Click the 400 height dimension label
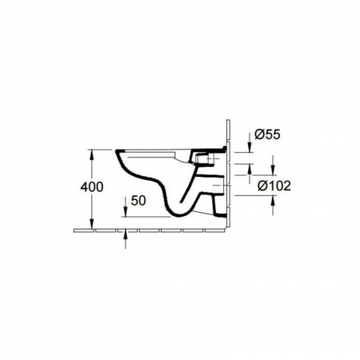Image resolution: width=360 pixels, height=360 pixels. [92, 186]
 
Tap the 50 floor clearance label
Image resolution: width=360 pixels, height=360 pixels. [138, 201]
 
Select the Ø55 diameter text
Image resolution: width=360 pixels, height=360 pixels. [267, 134]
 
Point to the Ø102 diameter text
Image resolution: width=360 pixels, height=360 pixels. [274, 186]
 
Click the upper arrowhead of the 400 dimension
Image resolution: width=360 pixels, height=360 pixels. [92, 154]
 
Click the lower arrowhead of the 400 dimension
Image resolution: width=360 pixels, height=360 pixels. [92, 224]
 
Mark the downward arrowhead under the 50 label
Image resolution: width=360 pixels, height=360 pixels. [126, 212]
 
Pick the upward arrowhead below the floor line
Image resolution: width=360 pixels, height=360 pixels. [126, 234]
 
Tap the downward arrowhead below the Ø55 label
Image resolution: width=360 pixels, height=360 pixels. [250, 147]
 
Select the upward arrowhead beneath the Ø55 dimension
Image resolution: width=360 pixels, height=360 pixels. [250, 169]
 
